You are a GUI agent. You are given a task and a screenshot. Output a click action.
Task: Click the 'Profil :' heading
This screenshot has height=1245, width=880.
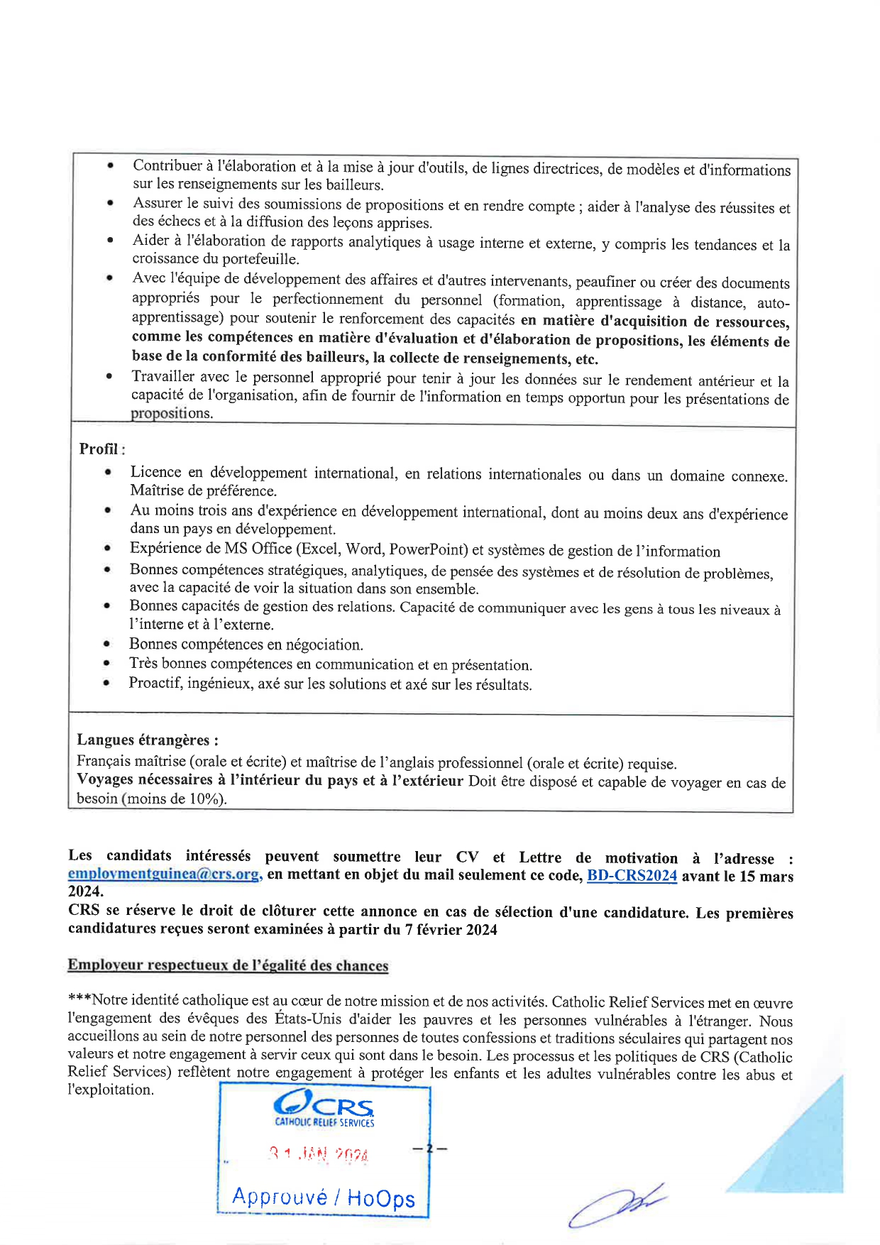click(x=101, y=449)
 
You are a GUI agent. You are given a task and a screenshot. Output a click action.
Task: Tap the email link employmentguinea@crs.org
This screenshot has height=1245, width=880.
click(x=165, y=874)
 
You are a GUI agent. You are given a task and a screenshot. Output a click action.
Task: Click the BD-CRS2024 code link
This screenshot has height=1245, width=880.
click(x=632, y=876)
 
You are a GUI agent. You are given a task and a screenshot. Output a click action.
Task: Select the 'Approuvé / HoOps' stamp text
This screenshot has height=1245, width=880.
click(x=323, y=1197)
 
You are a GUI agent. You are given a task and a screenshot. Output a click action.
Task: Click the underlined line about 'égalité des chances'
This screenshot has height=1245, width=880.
click(x=228, y=965)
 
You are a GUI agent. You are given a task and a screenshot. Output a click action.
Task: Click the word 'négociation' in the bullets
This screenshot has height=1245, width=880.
click(x=324, y=645)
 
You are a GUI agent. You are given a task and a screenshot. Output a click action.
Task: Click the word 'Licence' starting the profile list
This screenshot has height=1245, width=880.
click(x=155, y=472)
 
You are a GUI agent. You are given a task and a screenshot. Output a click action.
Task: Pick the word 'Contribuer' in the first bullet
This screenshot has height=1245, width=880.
click(x=167, y=165)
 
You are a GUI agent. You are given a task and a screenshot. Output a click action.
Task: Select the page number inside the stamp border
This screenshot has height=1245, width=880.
click(x=429, y=1148)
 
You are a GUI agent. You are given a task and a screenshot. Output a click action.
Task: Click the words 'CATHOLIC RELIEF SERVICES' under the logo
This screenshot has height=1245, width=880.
click(x=324, y=1123)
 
